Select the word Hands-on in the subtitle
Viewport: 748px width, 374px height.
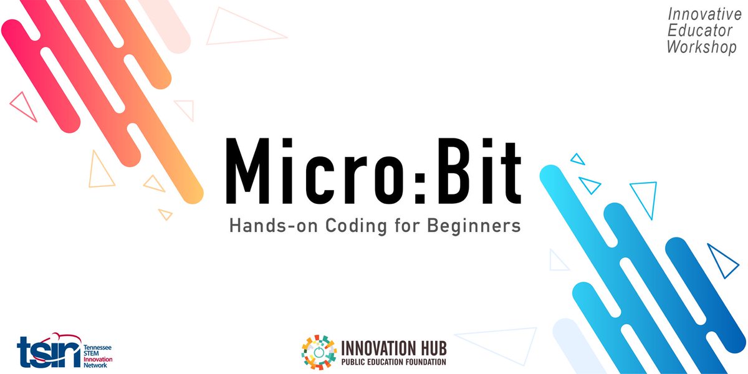click(x=269, y=226)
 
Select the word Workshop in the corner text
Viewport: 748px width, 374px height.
click(x=701, y=47)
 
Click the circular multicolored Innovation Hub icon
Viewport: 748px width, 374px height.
click(x=319, y=352)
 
